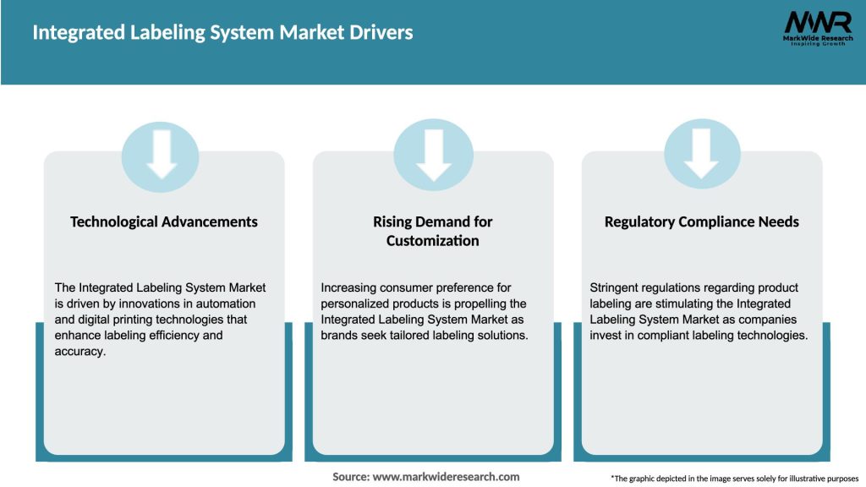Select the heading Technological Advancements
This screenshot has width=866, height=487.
pos(164,222)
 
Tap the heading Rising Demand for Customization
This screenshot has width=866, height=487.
pos(433,231)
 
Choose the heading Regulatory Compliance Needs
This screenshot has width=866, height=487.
pos(702,222)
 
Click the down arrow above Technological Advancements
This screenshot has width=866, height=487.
pos(162,156)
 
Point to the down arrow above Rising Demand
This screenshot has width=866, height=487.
pos(433,156)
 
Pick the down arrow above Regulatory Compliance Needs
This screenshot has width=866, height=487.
pos(702,156)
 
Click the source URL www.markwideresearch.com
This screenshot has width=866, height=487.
pos(447,477)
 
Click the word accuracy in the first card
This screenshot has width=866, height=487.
pos(81,351)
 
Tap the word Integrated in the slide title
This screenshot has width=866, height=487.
pos(70,33)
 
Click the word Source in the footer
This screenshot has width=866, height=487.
pos(350,477)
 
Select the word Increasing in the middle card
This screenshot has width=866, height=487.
pos(350,288)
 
